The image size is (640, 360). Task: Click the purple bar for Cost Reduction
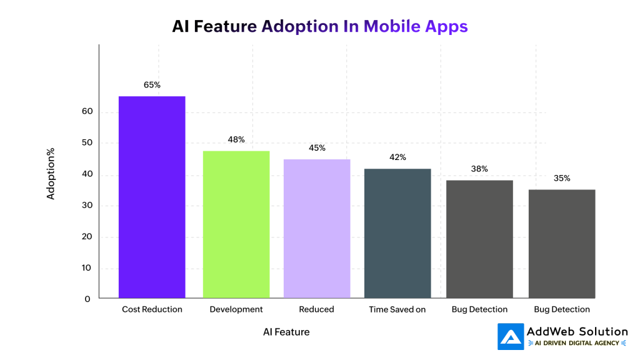pyautogui.click(x=152, y=197)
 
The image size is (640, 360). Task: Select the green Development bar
pyautogui.click(x=236, y=224)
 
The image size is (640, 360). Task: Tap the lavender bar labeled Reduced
pyautogui.click(x=317, y=229)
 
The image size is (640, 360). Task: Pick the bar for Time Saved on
pyautogui.click(x=397, y=233)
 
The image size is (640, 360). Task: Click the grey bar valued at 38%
pyautogui.click(x=479, y=239)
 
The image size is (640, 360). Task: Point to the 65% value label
pyautogui.click(x=152, y=84)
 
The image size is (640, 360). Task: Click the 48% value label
pyautogui.click(x=236, y=139)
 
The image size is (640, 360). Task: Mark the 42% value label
pyautogui.click(x=397, y=157)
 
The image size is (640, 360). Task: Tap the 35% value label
pyautogui.click(x=562, y=178)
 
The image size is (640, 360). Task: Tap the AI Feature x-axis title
pyautogui.click(x=286, y=332)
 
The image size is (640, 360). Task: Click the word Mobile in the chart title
pyautogui.click(x=390, y=26)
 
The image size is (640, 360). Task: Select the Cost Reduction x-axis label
pyautogui.click(x=152, y=309)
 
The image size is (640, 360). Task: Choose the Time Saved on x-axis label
pyautogui.click(x=397, y=309)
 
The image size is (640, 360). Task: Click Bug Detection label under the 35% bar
pyautogui.click(x=562, y=309)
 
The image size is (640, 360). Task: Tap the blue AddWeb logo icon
pyautogui.click(x=511, y=336)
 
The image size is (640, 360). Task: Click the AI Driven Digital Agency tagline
pyautogui.click(x=577, y=343)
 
